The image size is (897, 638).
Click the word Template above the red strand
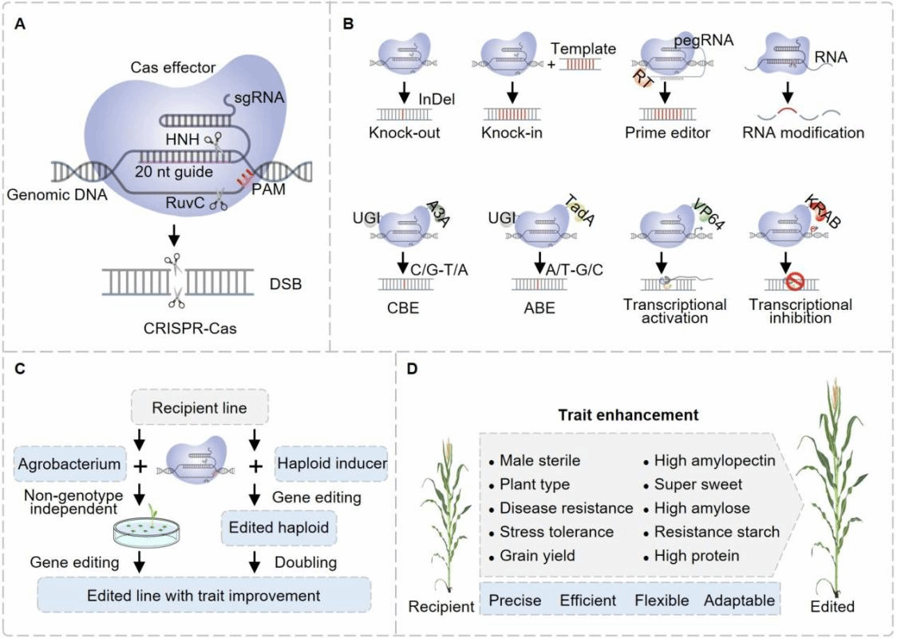588,50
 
